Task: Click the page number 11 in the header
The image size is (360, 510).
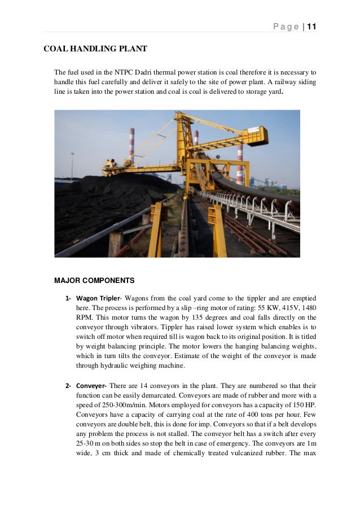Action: coord(311,27)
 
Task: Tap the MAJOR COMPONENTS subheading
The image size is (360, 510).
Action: coord(94,280)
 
